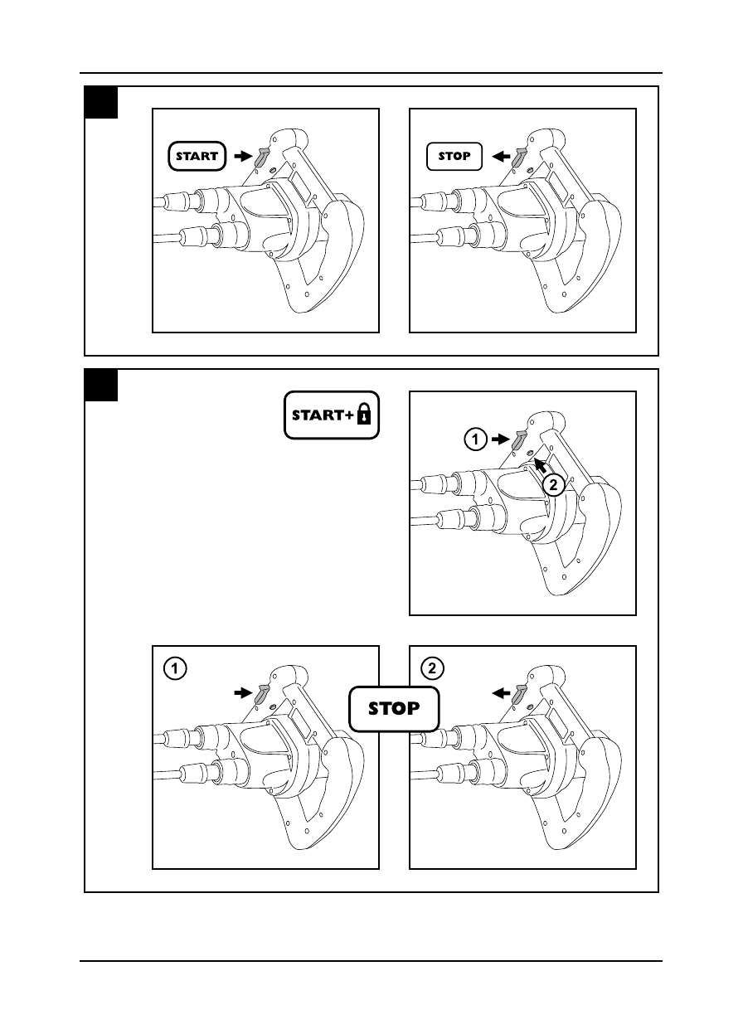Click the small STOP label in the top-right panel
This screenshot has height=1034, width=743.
pos(454,156)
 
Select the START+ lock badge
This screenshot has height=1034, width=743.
pos(332,415)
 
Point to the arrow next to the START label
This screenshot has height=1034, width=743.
pos(242,155)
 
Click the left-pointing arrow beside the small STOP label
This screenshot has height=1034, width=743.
pos(500,155)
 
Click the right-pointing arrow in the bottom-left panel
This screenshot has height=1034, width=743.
pos(242,691)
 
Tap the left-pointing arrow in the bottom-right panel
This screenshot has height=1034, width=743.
pos(500,691)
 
